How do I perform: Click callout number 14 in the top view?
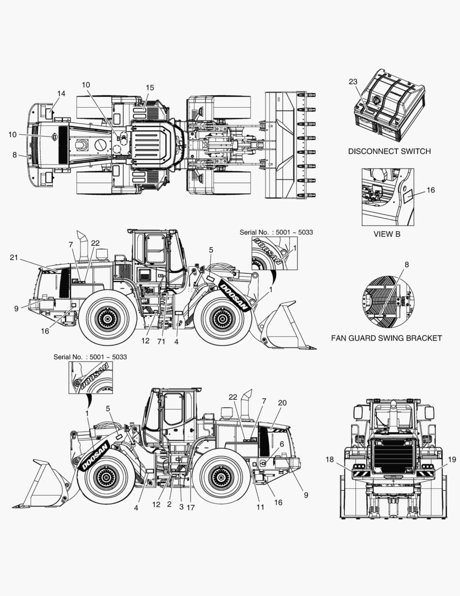pyautogui.click(x=61, y=94)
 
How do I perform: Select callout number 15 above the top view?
pyautogui.click(x=150, y=88)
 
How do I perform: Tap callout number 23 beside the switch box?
pyautogui.click(x=353, y=82)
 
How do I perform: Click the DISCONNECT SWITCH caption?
pyautogui.click(x=389, y=151)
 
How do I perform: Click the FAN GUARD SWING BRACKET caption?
pyautogui.click(x=394, y=338)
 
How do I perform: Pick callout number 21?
pyautogui.click(x=14, y=258)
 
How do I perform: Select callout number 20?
pyautogui.click(x=282, y=403)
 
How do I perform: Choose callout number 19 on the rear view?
pyautogui.click(x=452, y=459)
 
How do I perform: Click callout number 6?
pyautogui.click(x=282, y=443)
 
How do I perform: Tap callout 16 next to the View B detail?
pyautogui.click(x=431, y=190)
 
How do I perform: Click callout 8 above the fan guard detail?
pyautogui.click(x=407, y=265)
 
